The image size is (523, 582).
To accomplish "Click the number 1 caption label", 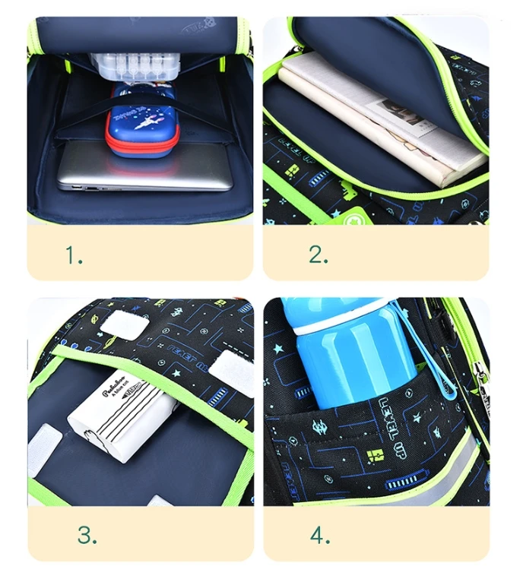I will [73, 256].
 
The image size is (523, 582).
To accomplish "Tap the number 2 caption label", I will [318, 255].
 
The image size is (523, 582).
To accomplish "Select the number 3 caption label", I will [87, 536].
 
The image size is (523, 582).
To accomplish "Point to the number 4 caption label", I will [319, 536].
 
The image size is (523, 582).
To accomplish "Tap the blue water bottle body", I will [350, 365].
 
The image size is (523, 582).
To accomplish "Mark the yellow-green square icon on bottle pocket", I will [376, 455].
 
